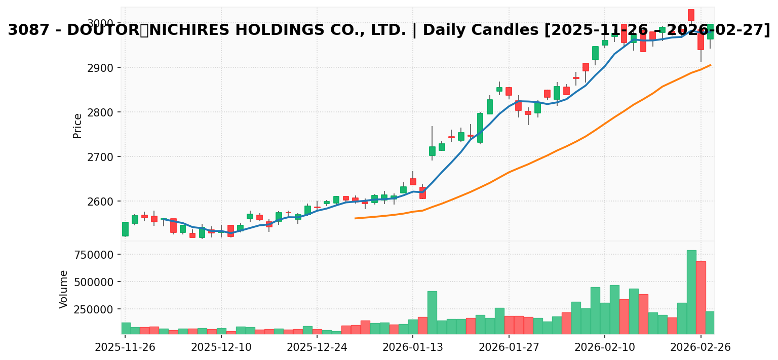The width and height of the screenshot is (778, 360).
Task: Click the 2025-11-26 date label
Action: tap(125, 348)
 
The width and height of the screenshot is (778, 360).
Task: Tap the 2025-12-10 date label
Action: tap(221, 348)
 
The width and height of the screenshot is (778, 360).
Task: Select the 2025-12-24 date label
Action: tap(317, 348)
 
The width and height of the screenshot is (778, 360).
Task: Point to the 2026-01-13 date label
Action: tap(413, 348)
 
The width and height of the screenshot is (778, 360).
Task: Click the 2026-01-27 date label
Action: tap(509, 348)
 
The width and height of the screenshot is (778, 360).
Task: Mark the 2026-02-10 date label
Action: tap(604, 348)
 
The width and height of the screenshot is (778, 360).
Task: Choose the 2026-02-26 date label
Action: tap(701, 348)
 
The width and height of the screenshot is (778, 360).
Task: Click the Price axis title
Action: tap(77, 126)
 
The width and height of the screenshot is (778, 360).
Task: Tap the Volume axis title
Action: tap(64, 289)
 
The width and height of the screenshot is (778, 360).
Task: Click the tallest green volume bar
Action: tap(691, 292)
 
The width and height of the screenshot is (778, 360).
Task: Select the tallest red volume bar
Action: tap(701, 297)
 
